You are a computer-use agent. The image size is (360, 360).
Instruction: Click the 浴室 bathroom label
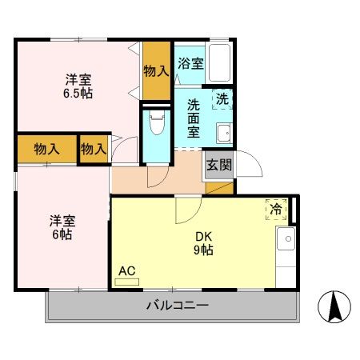(x=189, y=63)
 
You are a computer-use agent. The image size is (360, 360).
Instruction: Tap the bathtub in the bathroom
(x=218, y=62)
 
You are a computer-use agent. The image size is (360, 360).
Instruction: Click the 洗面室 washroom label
(x=194, y=119)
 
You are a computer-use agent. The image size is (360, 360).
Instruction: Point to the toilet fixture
(x=156, y=125)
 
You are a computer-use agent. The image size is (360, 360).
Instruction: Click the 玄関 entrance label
(x=219, y=166)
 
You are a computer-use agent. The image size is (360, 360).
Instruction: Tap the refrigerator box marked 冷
(x=276, y=210)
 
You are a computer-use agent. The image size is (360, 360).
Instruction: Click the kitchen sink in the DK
(x=284, y=238)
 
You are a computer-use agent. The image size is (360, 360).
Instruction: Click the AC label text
(x=126, y=270)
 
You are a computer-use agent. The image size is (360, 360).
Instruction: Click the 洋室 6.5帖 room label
(x=78, y=86)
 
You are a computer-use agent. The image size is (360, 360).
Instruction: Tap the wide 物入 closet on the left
(x=46, y=148)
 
